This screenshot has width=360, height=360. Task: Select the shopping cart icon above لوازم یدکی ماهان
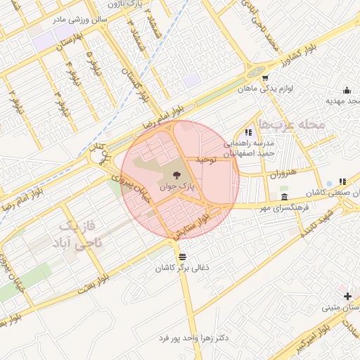[265, 78]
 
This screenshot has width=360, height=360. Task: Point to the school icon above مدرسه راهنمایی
[248, 131]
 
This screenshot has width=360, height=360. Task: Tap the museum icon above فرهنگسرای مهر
[283, 197]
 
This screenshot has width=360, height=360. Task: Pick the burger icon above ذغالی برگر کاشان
[183, 256]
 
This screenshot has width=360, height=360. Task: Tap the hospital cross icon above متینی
[348, 296]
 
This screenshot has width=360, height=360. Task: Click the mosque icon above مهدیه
[347, 90]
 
